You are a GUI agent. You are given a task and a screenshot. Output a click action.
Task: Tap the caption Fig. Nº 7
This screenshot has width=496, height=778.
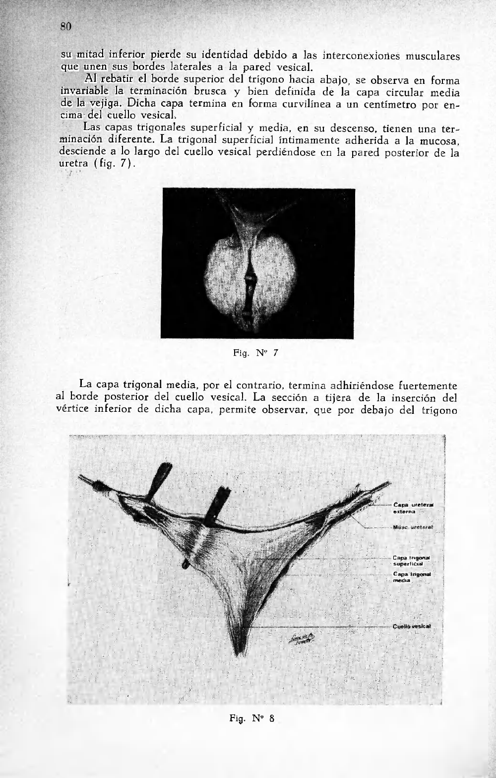(x=255, y=353)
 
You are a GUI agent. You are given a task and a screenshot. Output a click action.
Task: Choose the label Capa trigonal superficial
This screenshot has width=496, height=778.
(x=411, y=560)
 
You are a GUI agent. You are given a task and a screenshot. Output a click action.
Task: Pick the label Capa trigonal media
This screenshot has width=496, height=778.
(x=411, y=577)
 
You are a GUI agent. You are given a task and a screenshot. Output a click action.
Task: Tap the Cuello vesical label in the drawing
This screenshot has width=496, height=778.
(x=412, y=626)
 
